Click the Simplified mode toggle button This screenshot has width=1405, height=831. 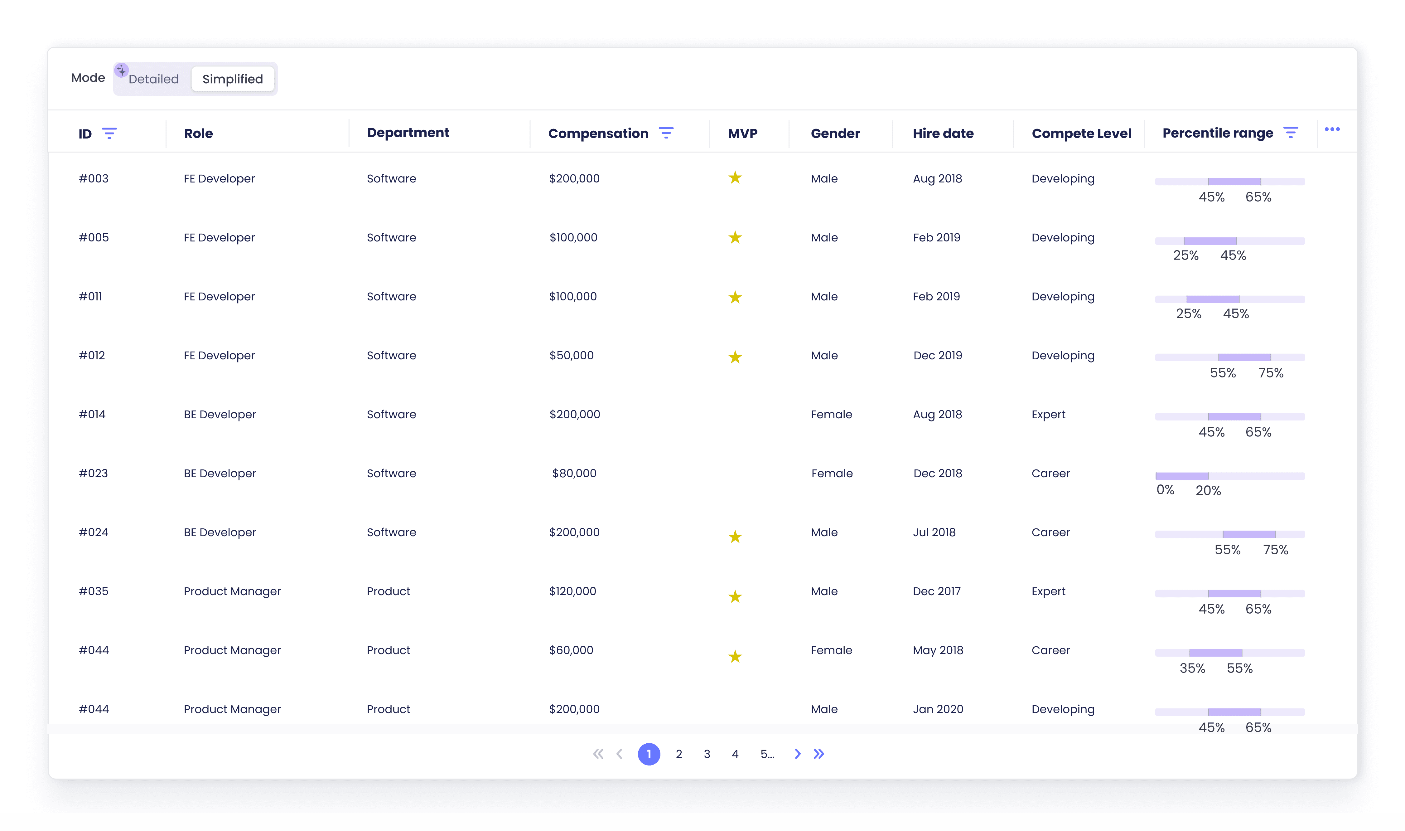(x=232, y=79)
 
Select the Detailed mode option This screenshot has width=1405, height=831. (x=153, y=79)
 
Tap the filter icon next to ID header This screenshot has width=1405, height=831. (x=109, y=133)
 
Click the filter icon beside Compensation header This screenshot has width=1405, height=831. (x=666, y=133)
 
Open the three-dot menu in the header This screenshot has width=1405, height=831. (x=1332, y=129)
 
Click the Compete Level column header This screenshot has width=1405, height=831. (x=1081, y=133)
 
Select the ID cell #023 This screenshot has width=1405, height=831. (x=94, y=473)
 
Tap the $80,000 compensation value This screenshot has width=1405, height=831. (x=574, y=473)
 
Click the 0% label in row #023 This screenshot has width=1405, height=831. (x=1166, y=490)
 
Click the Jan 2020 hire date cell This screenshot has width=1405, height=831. (x=938, y=709)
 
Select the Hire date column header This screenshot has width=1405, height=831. (x=943, y=133)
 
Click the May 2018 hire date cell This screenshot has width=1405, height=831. (x=938, y=650)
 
